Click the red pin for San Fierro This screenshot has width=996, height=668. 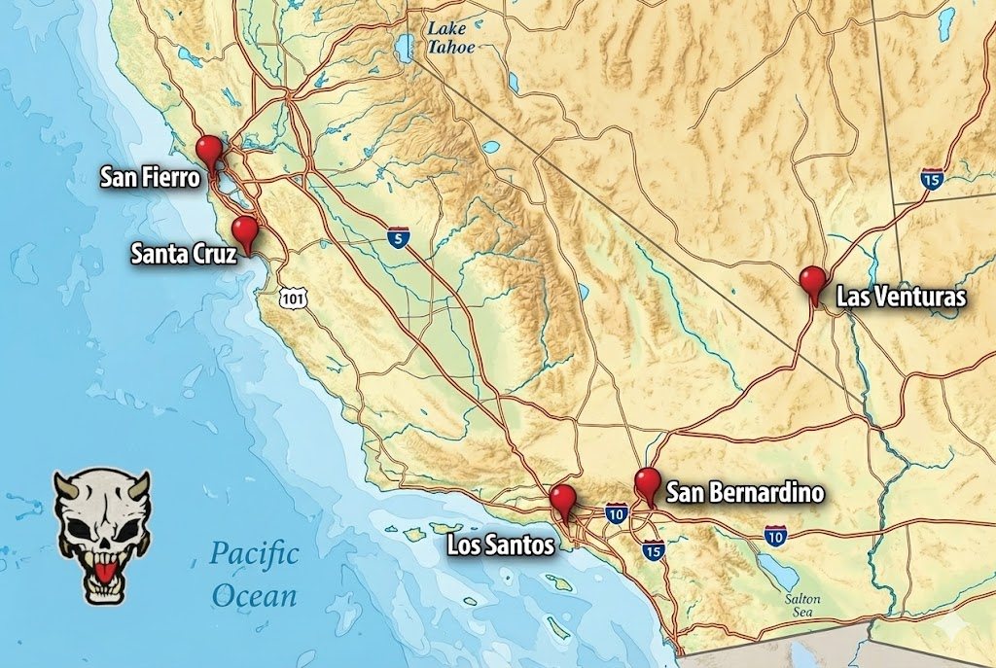(209, 150)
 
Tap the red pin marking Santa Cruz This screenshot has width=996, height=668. (245, 231)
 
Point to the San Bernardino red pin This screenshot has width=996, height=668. (647, 482)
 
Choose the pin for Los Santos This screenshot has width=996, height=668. (562, 499)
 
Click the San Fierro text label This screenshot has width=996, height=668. (151, 178)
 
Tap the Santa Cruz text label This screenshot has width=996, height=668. (183, 255)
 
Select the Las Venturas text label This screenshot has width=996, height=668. (901, 298)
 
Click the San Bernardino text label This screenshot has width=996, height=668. (744, 494)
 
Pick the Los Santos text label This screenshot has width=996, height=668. (500, 545)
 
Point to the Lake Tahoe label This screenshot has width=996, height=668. (452, 37)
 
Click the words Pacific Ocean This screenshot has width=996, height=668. (254, 575)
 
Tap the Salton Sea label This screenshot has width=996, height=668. (803, 606)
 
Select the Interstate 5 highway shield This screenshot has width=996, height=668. (397, 238)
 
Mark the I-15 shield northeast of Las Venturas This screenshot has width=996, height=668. (931, 178)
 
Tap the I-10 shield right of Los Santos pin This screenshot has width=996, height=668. (616, 512)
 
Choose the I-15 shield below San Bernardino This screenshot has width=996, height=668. (654, 549)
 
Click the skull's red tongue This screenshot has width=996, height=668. (102, 559)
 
